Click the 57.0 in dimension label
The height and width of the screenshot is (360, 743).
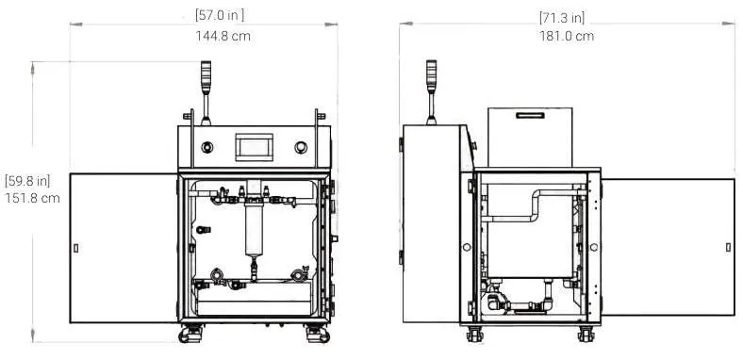[x=220, y=15]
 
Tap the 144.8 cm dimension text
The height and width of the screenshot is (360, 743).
[x=223, y=36]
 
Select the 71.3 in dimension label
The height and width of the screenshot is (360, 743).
[x=562, y=18]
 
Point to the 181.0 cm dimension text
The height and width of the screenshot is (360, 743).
[x=567, y=36]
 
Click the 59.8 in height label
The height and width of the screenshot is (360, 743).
[x=27, y=181]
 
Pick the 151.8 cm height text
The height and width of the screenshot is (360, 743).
[x=33, y=198]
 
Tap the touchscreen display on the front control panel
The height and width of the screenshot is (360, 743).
[x=254, y=147]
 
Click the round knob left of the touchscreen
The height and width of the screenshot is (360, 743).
[x=207, y=147]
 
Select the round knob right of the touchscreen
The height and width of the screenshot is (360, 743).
[x=301, y=147]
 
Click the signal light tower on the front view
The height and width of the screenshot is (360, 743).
[x=206, y=92]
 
